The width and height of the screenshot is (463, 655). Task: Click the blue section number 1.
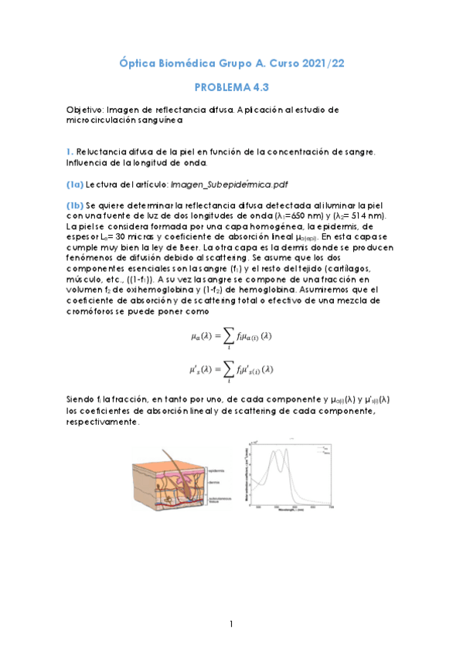[69, 151]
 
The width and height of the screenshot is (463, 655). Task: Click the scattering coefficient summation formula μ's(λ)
[231, 370]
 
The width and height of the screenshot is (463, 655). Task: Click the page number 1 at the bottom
[231, 623]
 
